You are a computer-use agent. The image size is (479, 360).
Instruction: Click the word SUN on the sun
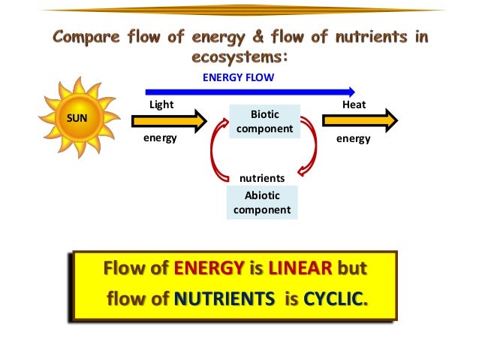pos(77,119)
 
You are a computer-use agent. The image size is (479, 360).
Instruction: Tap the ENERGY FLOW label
pos(238,77)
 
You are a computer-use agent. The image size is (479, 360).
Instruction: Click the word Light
pos(161,104)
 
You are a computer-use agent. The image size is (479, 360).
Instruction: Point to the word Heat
pos(354,104)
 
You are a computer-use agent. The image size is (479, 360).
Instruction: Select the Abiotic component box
pos(262,202)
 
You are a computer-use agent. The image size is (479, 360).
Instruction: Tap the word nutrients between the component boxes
pos(261,178)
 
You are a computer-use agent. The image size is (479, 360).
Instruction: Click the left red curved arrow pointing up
pos(218,150)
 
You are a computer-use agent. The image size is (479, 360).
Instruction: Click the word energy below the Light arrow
pos(160,138)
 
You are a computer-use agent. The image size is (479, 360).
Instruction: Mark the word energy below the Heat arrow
pos(353,138)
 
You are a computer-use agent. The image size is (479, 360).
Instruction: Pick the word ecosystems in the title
pos(241,57)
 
